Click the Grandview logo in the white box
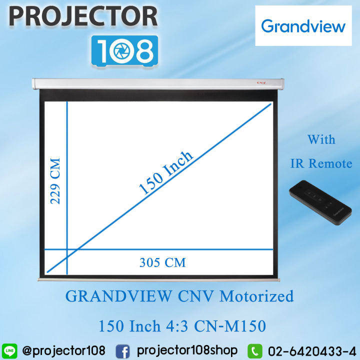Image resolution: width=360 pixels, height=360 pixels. point(303,25)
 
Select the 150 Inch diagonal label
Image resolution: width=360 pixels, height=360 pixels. point(165,172)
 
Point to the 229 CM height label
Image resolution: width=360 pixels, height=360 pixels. point(55,181)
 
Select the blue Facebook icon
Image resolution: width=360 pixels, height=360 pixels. point(122,350)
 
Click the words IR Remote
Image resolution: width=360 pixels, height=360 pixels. point(321,163)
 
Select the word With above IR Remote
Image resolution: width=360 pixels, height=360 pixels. point(321,139)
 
